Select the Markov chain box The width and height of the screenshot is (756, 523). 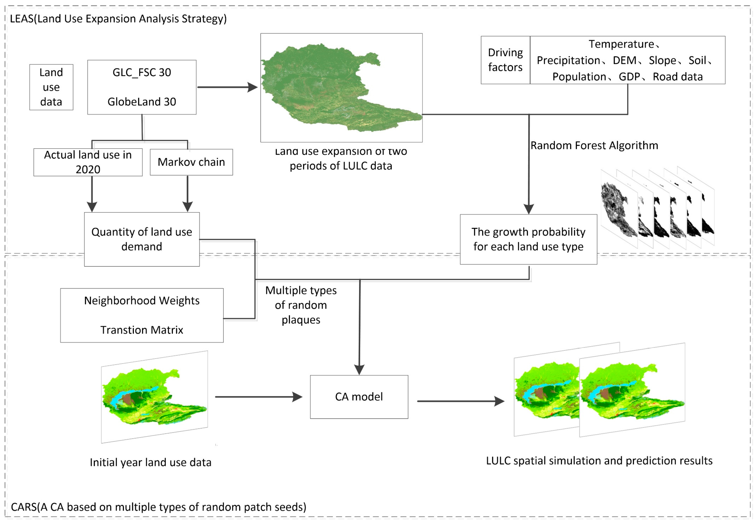191,162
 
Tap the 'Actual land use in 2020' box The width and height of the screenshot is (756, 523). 88,162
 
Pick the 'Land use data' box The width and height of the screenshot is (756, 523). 51,87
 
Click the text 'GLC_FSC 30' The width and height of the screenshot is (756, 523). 142,72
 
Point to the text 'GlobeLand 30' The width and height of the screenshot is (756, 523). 142,102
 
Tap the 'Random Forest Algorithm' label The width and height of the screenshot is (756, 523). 594,145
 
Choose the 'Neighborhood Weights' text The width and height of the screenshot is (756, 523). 142,301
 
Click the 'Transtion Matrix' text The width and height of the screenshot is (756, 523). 142,330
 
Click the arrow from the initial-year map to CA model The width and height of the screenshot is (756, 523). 259,397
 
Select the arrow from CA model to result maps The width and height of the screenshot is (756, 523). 460,401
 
